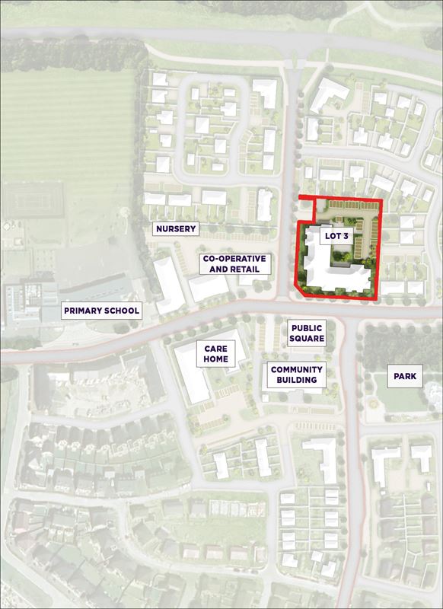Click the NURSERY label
point(176,228)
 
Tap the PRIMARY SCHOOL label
point(101,311)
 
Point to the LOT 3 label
point(336,237)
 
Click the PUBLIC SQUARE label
point(307,333)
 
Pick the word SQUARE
point(307,339)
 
